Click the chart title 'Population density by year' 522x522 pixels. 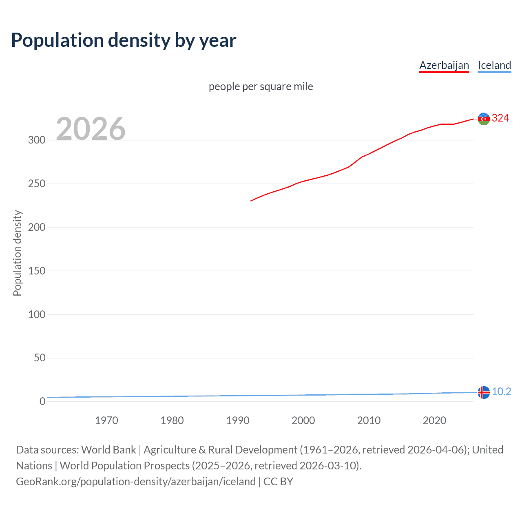[124, 40]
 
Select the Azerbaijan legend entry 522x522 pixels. [444, 65]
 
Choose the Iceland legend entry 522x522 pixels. [494, 65]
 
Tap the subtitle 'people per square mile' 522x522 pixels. [261, 86]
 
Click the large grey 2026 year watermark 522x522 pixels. [91, 129]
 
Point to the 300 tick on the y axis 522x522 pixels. [37, 140]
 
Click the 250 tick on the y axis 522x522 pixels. [37, 184]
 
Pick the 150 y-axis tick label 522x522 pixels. [37, 271]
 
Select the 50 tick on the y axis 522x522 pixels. [40, 358]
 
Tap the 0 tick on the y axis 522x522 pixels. [42, 401]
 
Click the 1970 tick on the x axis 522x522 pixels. [106, 420]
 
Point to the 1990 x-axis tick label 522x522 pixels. [238, 420]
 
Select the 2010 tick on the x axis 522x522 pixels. [369, 420]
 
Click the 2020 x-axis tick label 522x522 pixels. [434, 420]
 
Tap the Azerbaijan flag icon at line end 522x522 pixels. [484, 119]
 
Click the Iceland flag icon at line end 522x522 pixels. [484, 392]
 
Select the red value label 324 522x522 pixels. [500, 118]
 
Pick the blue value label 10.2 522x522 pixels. [501, 392]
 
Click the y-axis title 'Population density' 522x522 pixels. [17, 253]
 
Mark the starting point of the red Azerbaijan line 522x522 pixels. [251, 201]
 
